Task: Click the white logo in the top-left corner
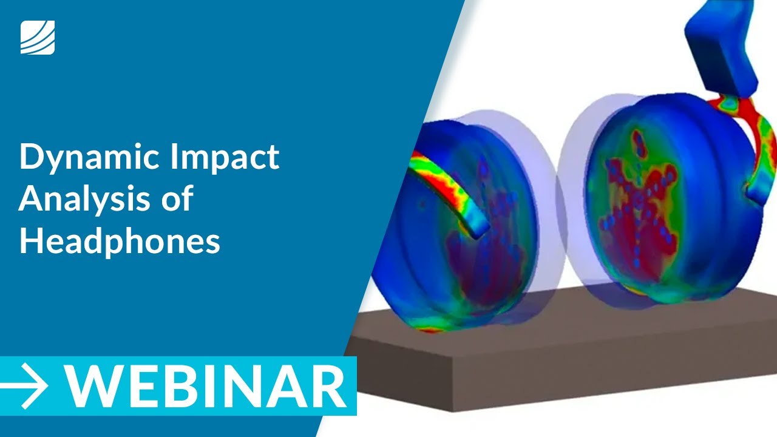[37, 37]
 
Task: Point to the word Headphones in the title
[119, 241]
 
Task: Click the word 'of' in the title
[178, 199]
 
